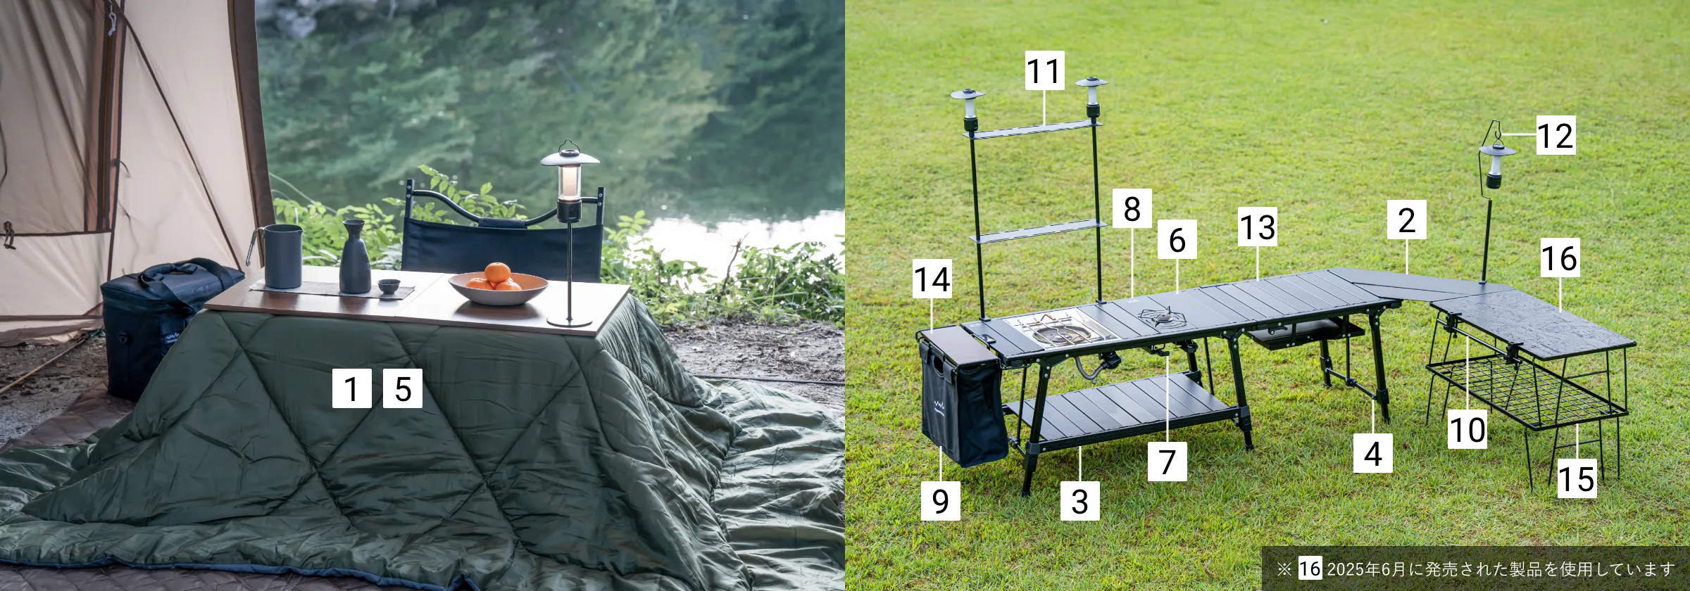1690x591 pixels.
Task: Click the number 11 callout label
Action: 1044,70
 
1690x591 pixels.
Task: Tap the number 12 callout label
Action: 1556,135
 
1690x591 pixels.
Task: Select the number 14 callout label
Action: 932,279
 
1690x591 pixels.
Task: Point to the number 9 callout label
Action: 941,501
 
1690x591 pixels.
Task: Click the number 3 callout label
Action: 1080,501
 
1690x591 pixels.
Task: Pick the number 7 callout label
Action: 1168,462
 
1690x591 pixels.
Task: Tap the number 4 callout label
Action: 1373,453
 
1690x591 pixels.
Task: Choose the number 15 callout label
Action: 1577,478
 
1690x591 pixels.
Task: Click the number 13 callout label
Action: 1258,227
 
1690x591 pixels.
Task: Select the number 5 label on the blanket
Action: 403,388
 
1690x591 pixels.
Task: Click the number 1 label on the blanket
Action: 352,388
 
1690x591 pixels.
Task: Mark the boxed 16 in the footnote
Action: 1310,568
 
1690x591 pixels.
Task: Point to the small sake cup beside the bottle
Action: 387,286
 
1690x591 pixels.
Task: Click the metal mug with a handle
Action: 280,256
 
